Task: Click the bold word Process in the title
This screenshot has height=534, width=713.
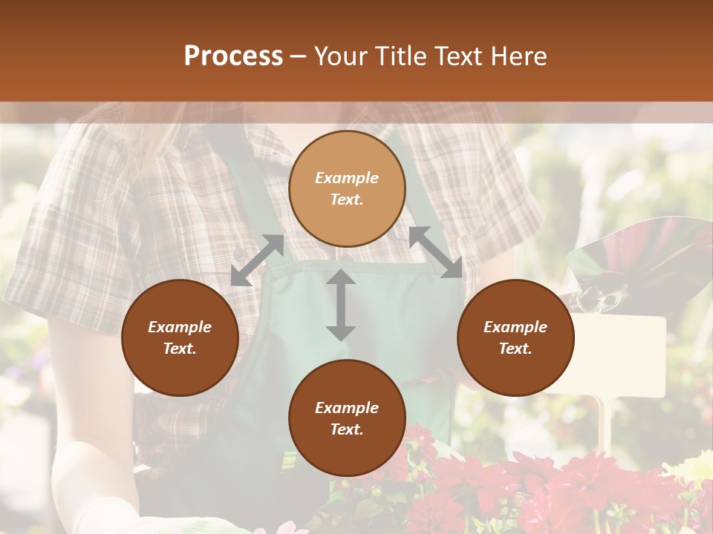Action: coord(233,56)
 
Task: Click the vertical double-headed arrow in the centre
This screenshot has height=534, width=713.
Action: coord(341,305)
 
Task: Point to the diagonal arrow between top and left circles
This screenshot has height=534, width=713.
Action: coord(257,260)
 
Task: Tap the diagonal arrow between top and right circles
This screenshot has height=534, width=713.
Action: coord(435,252)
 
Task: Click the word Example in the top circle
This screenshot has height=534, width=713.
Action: coord(347,178)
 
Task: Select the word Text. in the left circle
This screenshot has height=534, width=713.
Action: coord(180,349)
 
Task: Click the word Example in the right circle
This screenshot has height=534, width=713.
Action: coord(515,327)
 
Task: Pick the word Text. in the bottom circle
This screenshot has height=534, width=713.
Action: coord(347,429)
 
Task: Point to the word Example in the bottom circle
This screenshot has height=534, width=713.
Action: coord(347,408)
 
